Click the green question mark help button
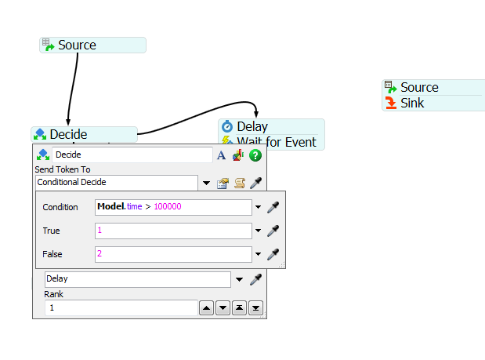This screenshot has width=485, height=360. pyautogui.click(x=255, y=155)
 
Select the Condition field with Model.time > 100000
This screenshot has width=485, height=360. pyautogui.click(x=173, y=207)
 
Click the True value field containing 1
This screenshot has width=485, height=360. pyautogui.click(x=173, y=231)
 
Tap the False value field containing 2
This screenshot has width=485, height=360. pyautogui.click(x=173, y=254)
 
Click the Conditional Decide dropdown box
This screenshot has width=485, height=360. pyautogui.click(x=117, y=183)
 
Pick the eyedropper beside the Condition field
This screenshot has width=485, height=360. pyautogui.click(x=273, y=207)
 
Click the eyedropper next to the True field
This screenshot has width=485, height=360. pyautogui.click(x=273, y=231)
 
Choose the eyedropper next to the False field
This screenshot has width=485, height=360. pyautogui.click(x=273, y=254)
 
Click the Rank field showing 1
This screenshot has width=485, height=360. pyautogui.click(x=121, y=307)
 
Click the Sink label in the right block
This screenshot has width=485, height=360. pyautogui.click(x=412, y=103)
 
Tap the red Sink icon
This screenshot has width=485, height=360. pyautogui.click(x=391, y=103)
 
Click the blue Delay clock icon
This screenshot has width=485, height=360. pyautogui.click(x=227, y=126)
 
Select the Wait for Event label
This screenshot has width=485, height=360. pyautogui.click(x=277, y=143)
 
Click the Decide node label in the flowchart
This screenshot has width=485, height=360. pyautogui.click(x=68, y=134)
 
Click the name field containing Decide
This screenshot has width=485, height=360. pyautogui.click(x=132, y=155)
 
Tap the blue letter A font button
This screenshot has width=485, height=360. pyautogui.click(x=221, y=155)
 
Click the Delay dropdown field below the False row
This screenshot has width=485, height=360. pyautogui.click(x=138, y=279)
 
